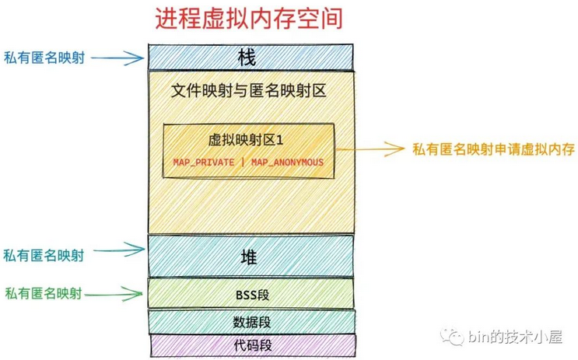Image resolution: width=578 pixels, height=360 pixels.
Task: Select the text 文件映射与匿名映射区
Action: [x=248, y=92]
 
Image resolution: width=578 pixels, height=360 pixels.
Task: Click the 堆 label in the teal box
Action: [x=250, y=257]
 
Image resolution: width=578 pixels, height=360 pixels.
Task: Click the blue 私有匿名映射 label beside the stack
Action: [x=44, y=57]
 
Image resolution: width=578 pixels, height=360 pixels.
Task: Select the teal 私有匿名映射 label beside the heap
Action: [x=44, y=254]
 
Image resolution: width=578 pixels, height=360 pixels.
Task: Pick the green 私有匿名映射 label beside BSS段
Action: [x=44, y=293]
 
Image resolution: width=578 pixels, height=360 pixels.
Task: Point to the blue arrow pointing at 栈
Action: [x=123, y=57]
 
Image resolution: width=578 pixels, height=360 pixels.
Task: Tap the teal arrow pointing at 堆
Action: [x=123, y=250]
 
